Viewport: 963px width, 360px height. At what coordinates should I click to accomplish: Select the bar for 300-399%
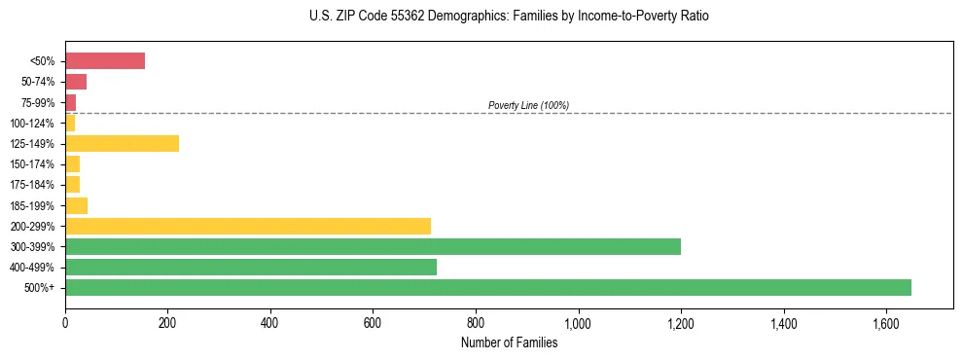[373, 246]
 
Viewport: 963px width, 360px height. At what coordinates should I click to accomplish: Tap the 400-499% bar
[251, 267]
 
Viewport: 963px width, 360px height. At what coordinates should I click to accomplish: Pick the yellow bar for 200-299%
[248, 226]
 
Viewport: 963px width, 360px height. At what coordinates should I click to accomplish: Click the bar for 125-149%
[122, 144]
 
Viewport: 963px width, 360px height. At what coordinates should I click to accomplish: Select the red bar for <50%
[105, 61]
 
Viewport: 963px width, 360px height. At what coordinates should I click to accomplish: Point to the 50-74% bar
[76, 82]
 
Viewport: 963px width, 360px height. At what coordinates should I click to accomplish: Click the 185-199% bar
[76, 205]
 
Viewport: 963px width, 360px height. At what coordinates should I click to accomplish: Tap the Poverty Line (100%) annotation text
[528, 105]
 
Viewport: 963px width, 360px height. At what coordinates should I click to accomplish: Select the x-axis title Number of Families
[510, 342]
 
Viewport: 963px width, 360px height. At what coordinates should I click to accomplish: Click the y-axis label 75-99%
[40, 103]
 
